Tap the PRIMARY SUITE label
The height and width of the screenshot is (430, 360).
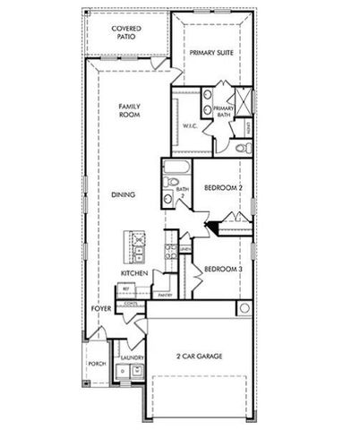[212, 53]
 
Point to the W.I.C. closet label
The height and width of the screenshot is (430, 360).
[189, 125]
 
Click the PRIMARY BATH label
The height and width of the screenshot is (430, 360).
[223, 112]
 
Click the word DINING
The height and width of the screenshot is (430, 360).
[124, 194]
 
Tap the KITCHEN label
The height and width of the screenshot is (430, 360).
[134, 272]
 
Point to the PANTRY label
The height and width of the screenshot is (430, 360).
[165, 294]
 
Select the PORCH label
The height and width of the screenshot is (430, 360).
[97, 364]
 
